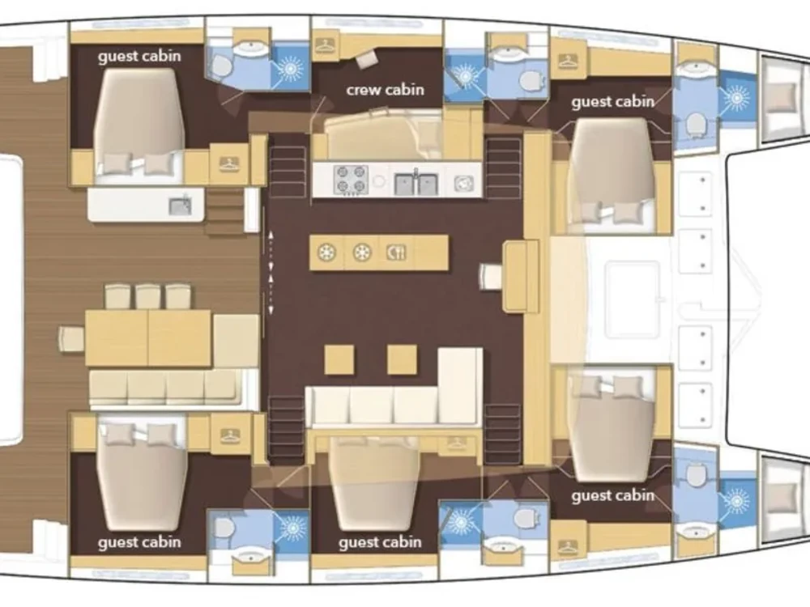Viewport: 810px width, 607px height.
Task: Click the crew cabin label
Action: coord(385,90)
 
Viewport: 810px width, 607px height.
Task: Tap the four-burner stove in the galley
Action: coord(351,180)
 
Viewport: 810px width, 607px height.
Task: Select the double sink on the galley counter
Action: coord(416,183)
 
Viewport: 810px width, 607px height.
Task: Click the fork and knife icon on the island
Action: coord(396,253)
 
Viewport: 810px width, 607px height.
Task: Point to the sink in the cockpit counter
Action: coord(180,206)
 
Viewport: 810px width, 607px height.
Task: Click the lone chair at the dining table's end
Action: coord(71,338)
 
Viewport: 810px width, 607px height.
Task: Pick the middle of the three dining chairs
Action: coord(148,296)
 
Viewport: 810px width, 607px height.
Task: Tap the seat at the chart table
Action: coord(491,276)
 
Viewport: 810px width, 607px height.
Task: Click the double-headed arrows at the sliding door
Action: coord(271,272)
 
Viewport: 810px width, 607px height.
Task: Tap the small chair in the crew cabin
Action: coord(367,60)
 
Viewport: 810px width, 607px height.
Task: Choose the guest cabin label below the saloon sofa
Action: coord(380,542)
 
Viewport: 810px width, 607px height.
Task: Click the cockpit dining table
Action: coord(148,338)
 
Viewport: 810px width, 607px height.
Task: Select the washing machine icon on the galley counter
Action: coord(463,184)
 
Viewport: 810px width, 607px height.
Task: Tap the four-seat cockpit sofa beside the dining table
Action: coord(166,387)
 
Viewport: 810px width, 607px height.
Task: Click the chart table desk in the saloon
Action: coord(522,277)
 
